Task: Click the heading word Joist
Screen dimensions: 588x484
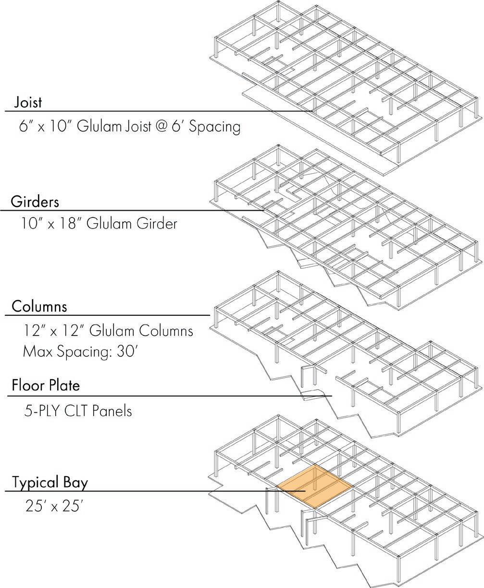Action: [x=28, y=102]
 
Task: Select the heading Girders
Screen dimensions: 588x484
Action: [x=35, y=202]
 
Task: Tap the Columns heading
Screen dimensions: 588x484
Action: [x=39, y=306]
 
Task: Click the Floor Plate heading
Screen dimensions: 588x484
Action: [x=46, y=385]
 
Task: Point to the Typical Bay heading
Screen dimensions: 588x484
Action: [x=50, y=482]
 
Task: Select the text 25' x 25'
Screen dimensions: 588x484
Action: [x=54, y=507]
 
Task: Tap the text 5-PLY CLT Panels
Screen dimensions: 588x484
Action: [x=77, y=411]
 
